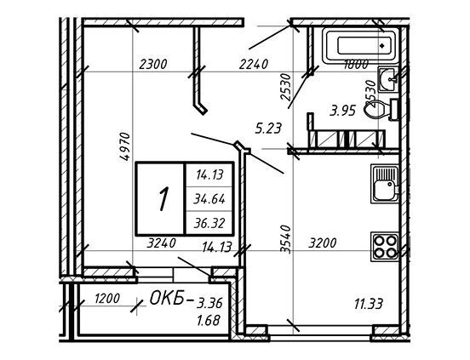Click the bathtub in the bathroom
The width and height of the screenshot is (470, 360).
[x=359, y=45]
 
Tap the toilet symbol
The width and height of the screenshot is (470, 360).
[x=381, y=110]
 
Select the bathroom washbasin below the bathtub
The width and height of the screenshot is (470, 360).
[x=388, y=79]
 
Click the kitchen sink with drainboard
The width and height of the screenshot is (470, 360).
[x=385, y=183]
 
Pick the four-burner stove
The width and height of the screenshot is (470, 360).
[x=386, y=247]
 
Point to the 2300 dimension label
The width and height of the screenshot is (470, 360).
[x=153, y=65]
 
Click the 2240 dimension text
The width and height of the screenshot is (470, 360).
[x=253, y=65]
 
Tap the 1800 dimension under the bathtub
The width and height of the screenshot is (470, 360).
[x=356, y=65]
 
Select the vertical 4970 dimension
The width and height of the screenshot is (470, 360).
[x=125, y=146]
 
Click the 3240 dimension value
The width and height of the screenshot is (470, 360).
[x=161, y=243]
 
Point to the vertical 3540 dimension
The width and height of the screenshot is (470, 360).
[x=286, y=240]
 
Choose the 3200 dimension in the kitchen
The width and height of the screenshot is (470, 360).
[x=323, y=243]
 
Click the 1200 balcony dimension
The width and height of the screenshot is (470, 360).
[x=107, y=299]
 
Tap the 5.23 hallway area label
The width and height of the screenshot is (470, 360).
[x=268, y=129]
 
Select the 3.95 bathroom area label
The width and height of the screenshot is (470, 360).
[x=342, y=111]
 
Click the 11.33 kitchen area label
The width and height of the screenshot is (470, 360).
[x=369, y=305]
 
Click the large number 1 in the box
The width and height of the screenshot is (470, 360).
[x=163, y=199]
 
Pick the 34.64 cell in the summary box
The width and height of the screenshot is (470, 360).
[x=209, y=199]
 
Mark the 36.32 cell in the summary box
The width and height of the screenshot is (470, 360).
[x=209, y=223]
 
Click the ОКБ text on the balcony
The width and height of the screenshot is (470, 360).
[x=167, y=299]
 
